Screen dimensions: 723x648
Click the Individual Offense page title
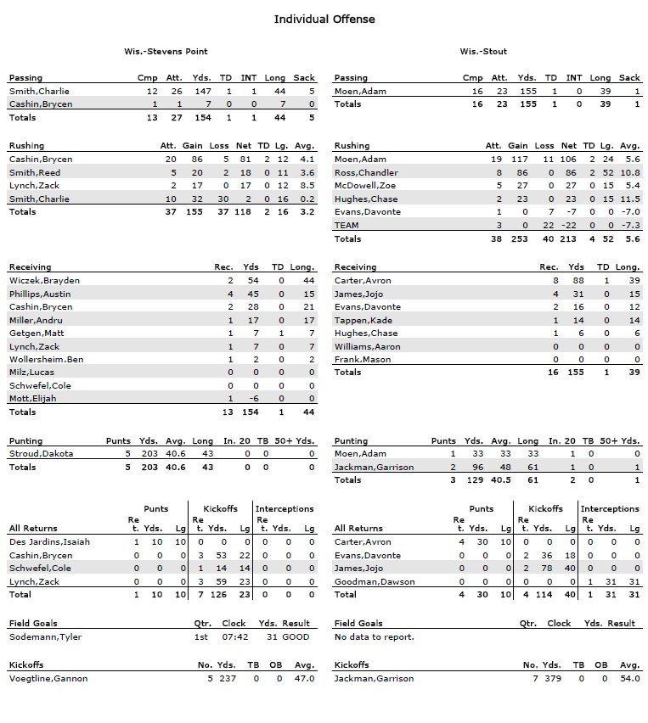coord(324,19)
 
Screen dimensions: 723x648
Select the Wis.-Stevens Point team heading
coord(166,52)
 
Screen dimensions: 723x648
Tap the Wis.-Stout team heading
coord(483,52)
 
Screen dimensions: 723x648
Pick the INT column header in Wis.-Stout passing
coord(574,78)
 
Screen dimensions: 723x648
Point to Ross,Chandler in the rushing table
coord(366,172)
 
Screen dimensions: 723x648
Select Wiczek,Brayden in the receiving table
coord(44,280)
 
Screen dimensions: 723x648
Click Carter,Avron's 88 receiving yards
coord(578,280)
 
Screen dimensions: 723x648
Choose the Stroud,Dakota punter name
coord(41,453)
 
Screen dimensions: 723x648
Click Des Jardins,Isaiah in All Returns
coord(49,541)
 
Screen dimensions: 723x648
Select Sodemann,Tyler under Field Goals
coord(45,636)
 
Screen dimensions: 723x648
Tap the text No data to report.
coord(374,636)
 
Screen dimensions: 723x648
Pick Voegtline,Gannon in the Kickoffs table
coord(48,678)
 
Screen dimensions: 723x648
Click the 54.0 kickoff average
coord(630,678)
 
